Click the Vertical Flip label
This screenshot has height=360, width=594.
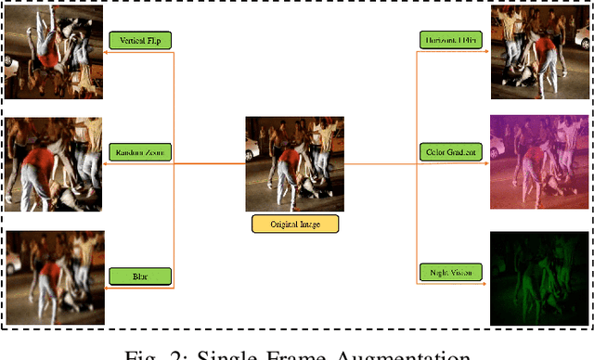(141, 40)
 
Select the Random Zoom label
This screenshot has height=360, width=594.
(141, 151)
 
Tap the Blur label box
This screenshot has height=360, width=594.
(141, 276)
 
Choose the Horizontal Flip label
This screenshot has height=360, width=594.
(451, 40)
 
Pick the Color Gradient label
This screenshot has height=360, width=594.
(451, 151)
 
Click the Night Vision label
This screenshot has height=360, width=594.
(451, 272)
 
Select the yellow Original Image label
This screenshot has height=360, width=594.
(295, 225)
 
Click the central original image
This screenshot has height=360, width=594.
(294, 163)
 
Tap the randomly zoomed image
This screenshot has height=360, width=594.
(52, 164)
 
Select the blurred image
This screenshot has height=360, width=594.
(52, 276)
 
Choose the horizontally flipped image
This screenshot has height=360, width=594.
(539, 51)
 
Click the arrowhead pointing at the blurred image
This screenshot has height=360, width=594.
(107, 288)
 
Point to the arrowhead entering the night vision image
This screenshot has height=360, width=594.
(485, 288)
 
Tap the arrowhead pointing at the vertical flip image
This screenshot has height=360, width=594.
(107, 53)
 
